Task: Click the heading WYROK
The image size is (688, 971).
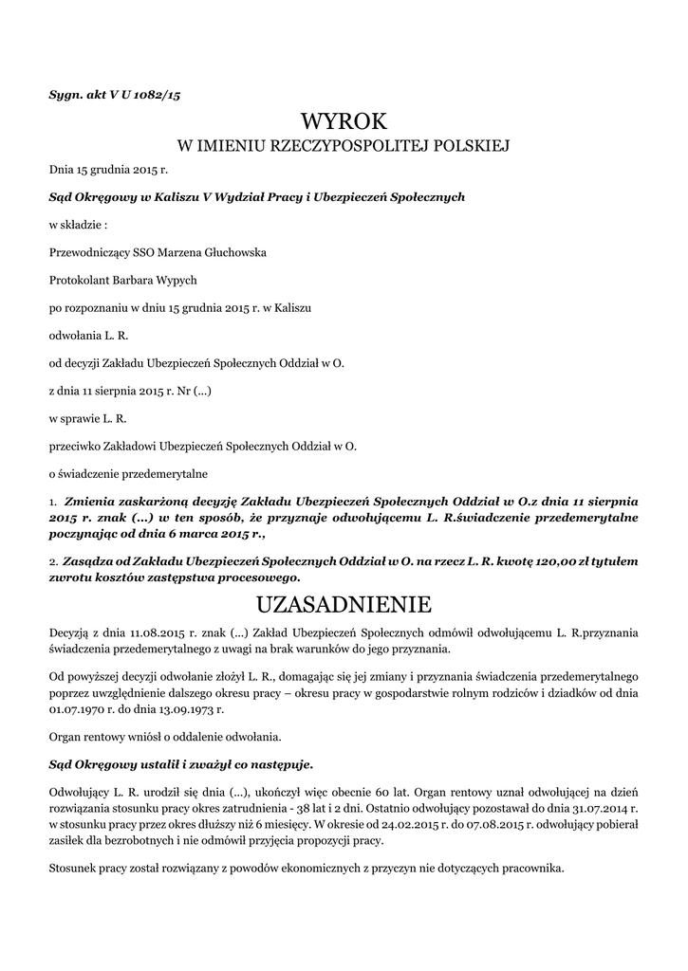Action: pyautogui.click(x=344, y=121)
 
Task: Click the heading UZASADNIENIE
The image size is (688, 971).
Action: pyautogui.click(x=344, y=604)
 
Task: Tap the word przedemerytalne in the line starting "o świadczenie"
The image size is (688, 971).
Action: pyautogui.click(x=161, y=472)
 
